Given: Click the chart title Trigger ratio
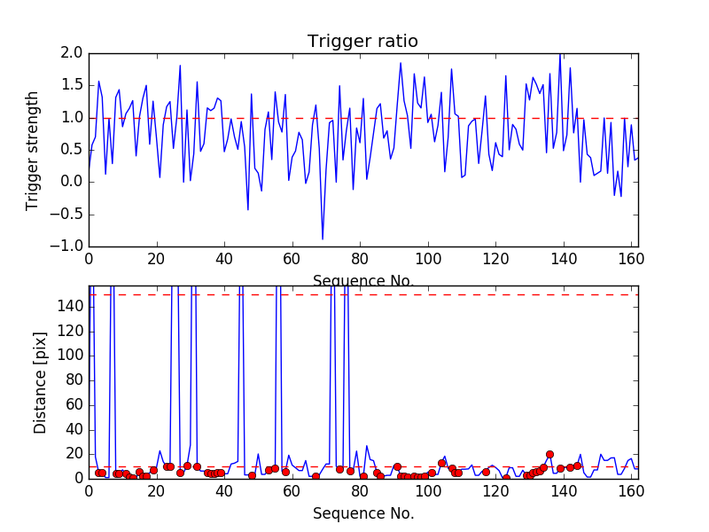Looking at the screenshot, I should pos(362,42).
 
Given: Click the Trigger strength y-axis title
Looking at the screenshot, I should pos(33,150).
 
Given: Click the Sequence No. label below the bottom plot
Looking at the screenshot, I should pos(362,513).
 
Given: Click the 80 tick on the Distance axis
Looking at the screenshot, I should pos(74,379).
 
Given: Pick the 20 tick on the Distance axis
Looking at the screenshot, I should pos(74,453).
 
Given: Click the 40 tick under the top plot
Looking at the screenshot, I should pos(224,258).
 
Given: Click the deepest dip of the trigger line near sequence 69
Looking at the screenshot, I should pos(323,239).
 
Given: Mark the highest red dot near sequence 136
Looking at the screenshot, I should pos(549,454).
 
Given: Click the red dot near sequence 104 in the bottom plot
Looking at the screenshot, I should pos(441,463).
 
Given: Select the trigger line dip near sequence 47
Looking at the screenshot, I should pos(248,209).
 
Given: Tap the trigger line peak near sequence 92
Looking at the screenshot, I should pos(401,63).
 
